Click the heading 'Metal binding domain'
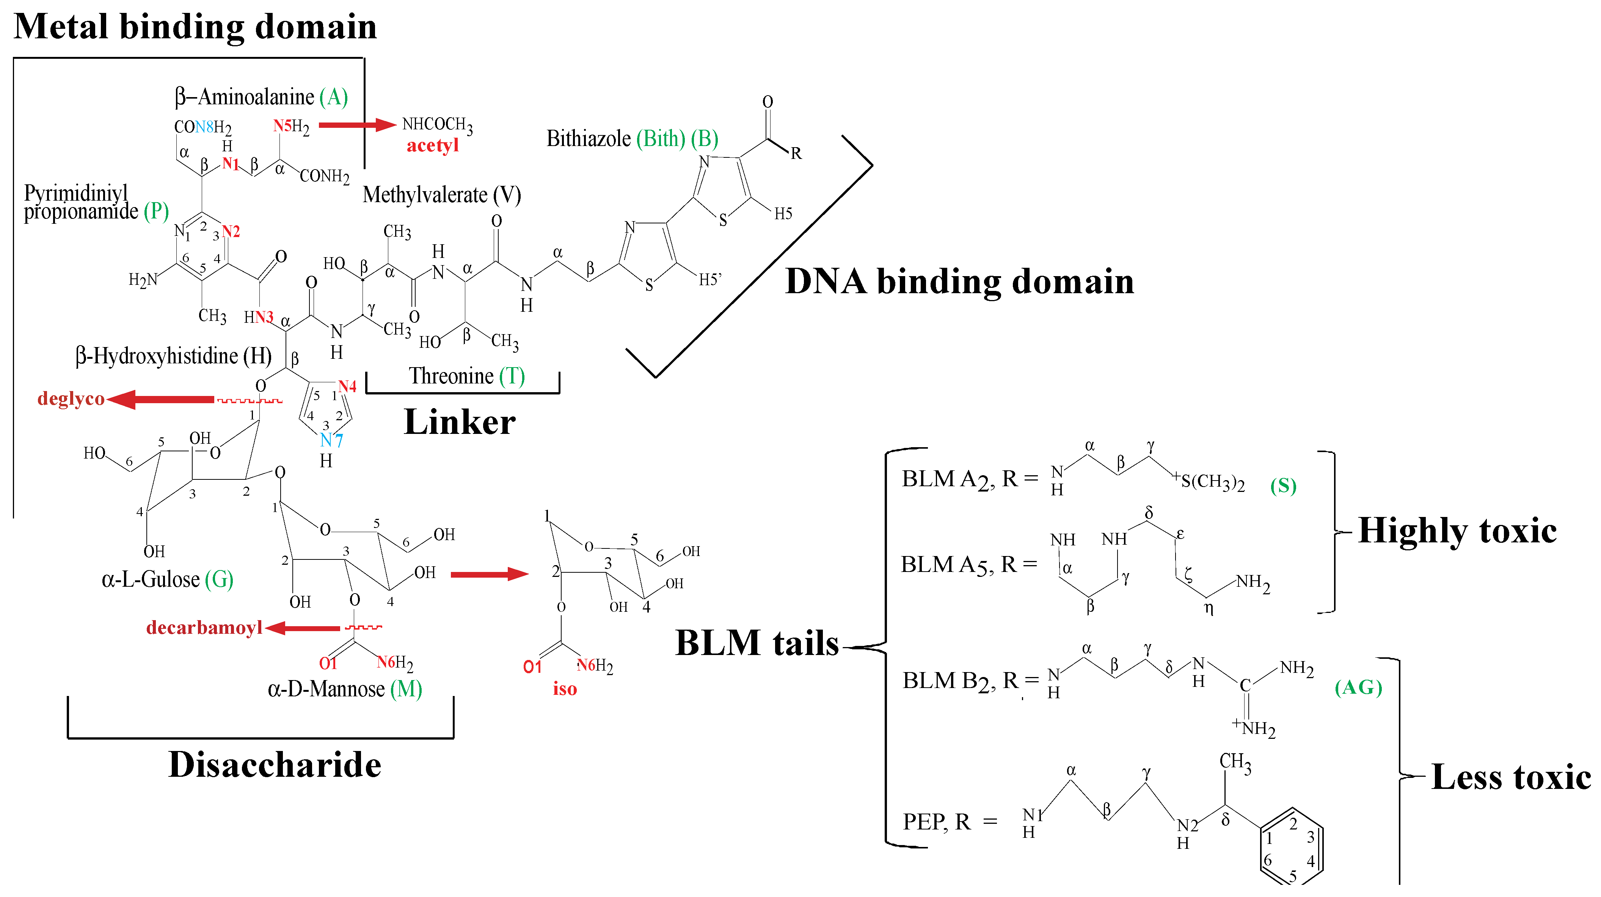tap(195, 27)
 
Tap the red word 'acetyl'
tap(433, 146)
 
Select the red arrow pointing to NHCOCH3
tap(357, 125)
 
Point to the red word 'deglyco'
tap(71, 399)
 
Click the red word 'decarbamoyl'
tap(204, 628)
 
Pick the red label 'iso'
tap(565, 689)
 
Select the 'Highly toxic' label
tap(1457, 531)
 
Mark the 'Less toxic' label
tap(1510, 777)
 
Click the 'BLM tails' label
tap(757, 643)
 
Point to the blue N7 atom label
tap(331, 441)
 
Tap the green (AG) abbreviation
tap(1358, 688)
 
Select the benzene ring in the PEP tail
tap(1292, 845)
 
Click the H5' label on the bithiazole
tap(710, 280)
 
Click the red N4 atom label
tap(347, 386)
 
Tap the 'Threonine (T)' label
tap(466, 376)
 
